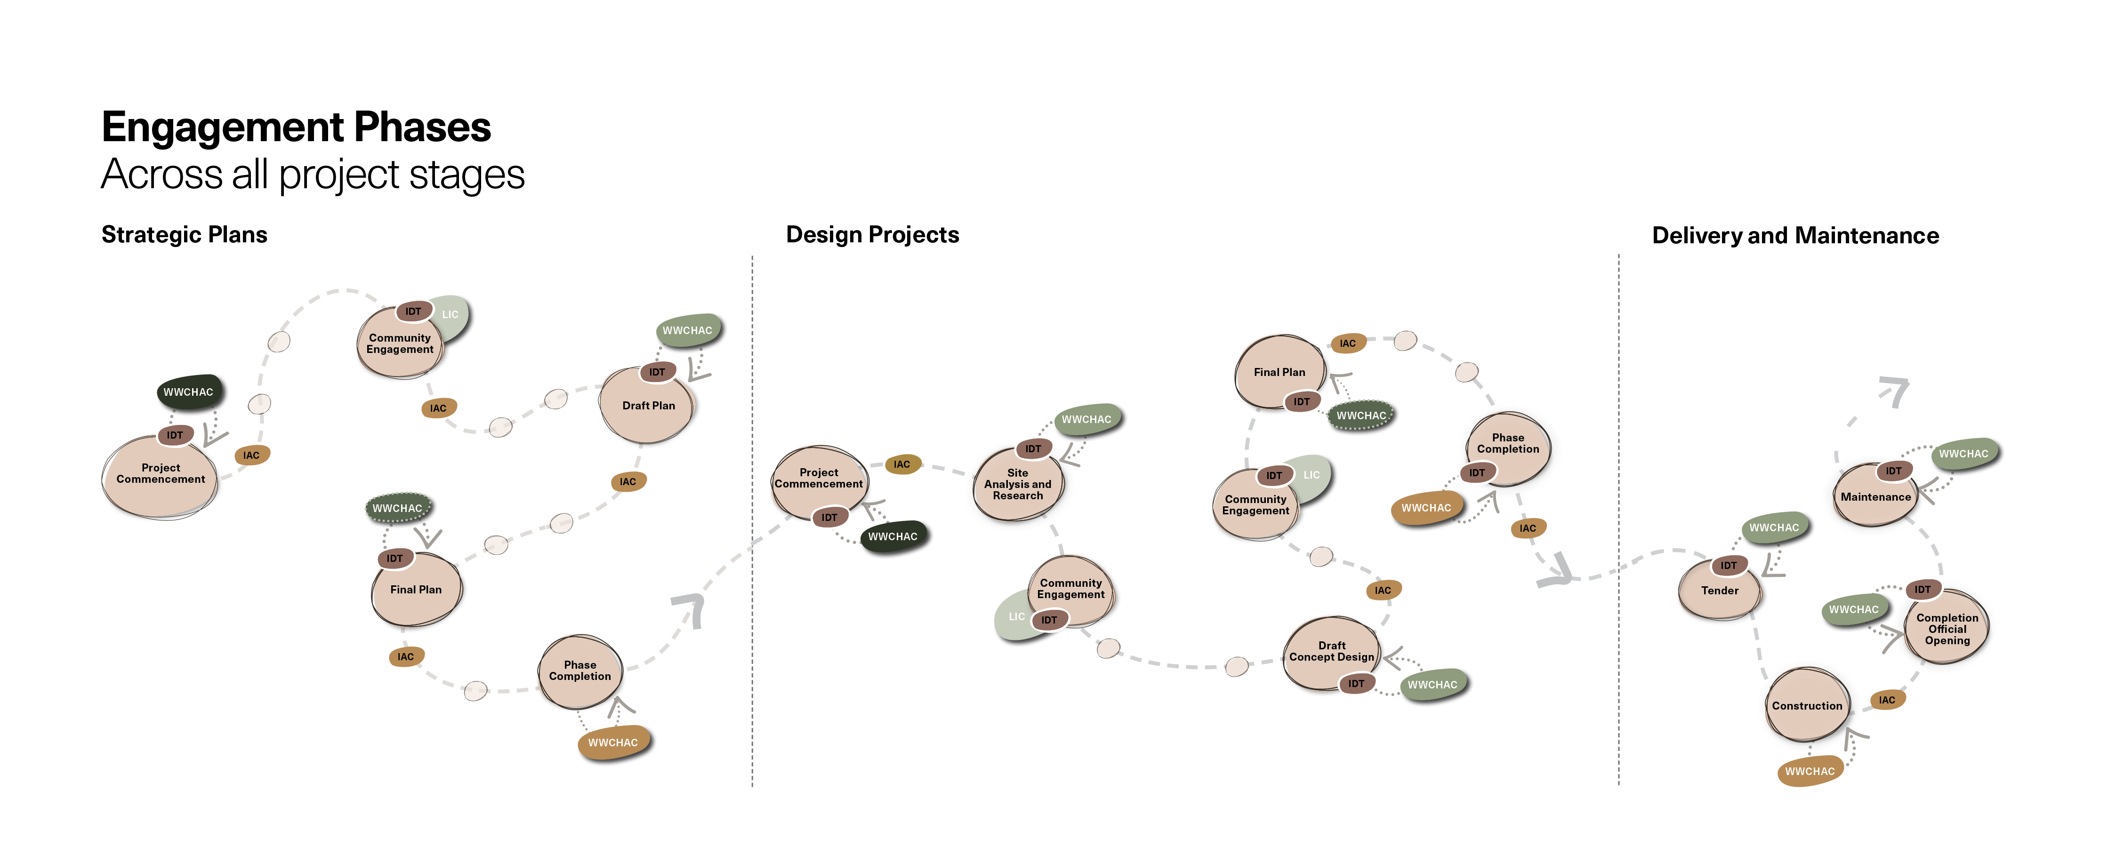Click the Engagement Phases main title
click(x=296, y=128)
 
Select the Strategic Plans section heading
click(x=184, y=235)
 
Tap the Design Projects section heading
click(x=872, y=235)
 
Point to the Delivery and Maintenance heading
click(x=1795, y=236)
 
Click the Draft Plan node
click(x=648, y=406)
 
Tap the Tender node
click(x=1720, y=590)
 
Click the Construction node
click(x=1807, y=705)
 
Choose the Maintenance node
click(x=1875, y=496)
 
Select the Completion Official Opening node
click(x=1947, y=628)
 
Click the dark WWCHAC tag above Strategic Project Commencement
click(x=189, y=392)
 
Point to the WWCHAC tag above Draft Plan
click(x=688, y=330)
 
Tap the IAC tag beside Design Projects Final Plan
click(x=1348, y=344)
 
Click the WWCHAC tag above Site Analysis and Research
click(x=1087, y=419)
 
